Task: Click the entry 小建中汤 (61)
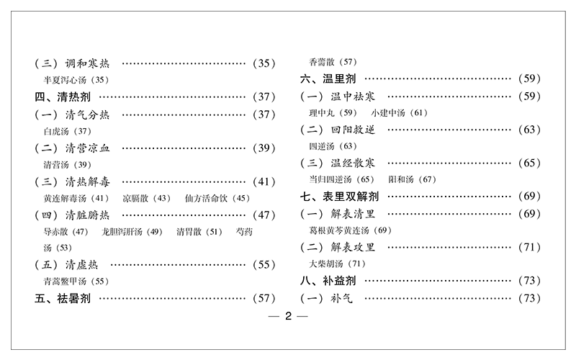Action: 399,113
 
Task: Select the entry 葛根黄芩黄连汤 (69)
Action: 348,230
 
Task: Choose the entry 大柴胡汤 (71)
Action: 338,264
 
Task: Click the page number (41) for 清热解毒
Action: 262,181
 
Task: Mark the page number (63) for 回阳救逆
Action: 528,130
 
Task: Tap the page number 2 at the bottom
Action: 287,318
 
